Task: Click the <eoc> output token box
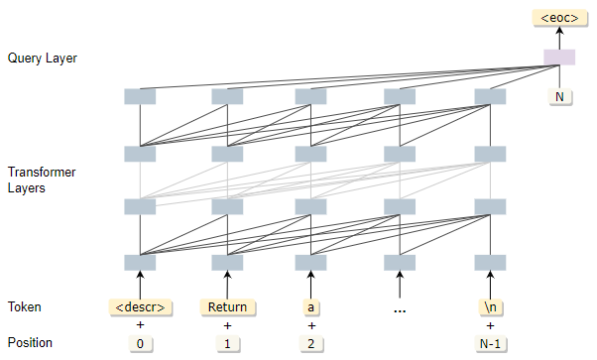coord(558,17)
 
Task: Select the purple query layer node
coord(558,58)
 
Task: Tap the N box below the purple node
coord(558,97)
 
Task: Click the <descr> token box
coord(140,306)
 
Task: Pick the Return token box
coord(227,306)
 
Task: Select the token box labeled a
coord(312,306)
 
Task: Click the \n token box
coord(487,306)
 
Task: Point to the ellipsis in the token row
coord(400,308)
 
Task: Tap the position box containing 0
coord(140,344)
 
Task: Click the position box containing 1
coord(227,344)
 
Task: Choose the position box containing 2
coord(312,344)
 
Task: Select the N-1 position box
coord(487,344)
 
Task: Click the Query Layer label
coord(42,59)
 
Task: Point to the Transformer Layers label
coord(41,180)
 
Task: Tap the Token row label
coord(24,306)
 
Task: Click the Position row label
coord(30,343)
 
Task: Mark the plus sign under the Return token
coord(227,325)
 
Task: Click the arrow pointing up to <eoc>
coord(558,37)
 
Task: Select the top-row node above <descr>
coord(140,96)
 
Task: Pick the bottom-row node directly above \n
coord(487,262)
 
